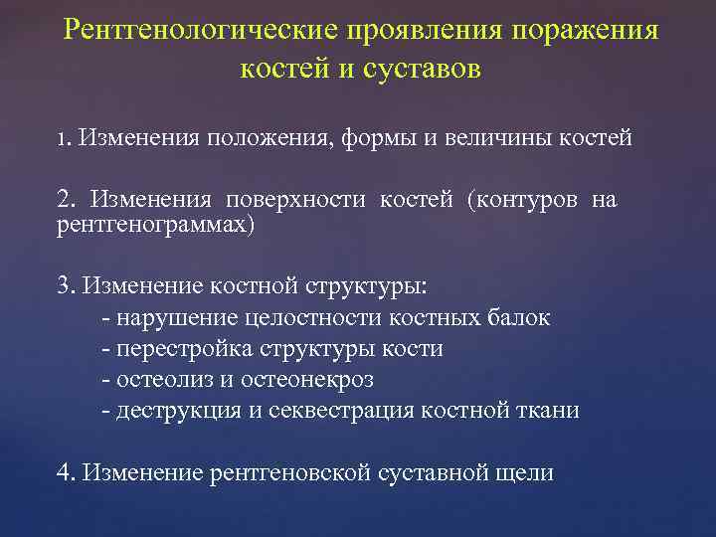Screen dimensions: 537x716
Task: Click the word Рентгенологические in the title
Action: [194, 29]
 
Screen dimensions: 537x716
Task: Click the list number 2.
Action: [65, 202]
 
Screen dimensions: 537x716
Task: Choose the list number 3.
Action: [65, 287]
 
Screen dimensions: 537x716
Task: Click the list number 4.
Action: [65, 473]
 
